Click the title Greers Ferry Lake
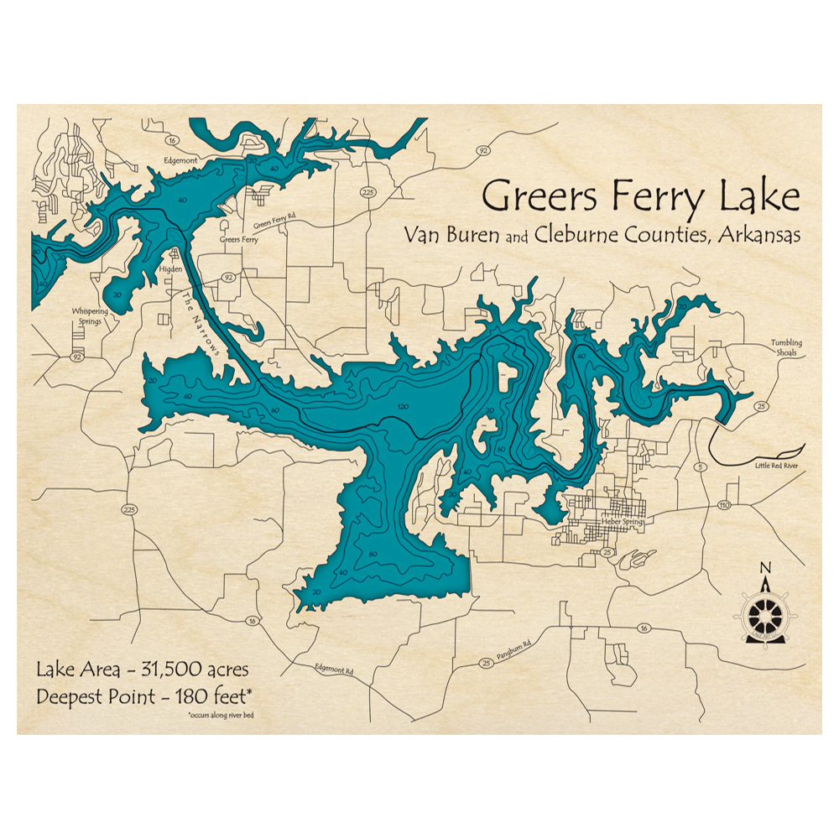tap(641, 197)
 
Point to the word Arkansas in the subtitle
tap(758, 236)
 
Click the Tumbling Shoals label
tap(786, 347)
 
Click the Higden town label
tap(170, 269)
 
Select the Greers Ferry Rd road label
tap(274, 224)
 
